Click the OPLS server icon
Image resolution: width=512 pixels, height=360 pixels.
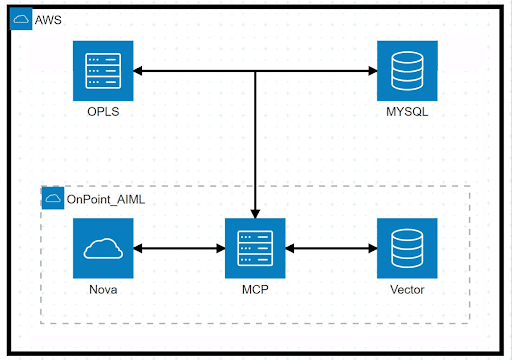pyautogui.click(x=104, y=71)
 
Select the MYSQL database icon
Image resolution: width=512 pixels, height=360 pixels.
pyautogui.click(x=407, y=71)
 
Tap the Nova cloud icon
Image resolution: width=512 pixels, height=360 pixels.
pyautogui.click(x=104, y=248)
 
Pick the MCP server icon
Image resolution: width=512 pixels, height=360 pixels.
pyautogui.click(x=256, y=248)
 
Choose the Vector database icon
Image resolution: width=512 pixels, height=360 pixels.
pyautogui.click(x=407, y=248)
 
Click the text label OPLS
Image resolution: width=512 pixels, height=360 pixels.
pyautogui.click(x=104, y=111)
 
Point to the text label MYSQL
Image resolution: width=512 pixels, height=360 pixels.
pyautogui.click(x=407, y=111)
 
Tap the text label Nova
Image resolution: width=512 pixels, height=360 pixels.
pyautogui.click(x=104, y=289)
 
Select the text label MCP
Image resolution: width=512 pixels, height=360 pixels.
pyautogui.click(x=256, y=289)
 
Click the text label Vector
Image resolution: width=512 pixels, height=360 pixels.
pyautogui.click(x=407, y=289)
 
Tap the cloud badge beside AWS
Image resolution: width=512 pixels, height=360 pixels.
pyautogui.click(x=21, y=20)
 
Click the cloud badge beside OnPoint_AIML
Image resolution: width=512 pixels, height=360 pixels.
pyautogui.click(x=53, y=199)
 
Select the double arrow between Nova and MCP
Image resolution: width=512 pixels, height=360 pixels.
pyautogui.click(x=180, y=248)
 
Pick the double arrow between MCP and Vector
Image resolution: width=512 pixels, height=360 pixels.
pyautogui.click(x=331, y=248)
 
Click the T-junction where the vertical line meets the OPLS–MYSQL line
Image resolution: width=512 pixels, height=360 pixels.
pyautogui.click(x=256, y=71)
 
